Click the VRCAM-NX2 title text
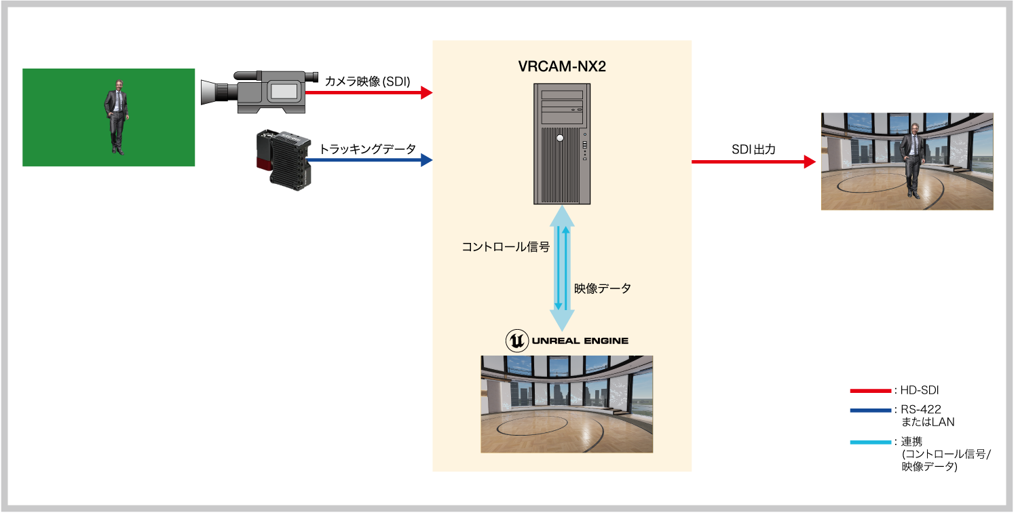(x=562, y=68)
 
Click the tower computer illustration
(x=562, y=143)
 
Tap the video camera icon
(x=261, y=92)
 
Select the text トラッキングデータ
(x=367, y=149)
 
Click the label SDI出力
(x=753, y=149)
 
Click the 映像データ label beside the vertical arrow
(x=603, y=288)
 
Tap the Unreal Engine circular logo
(x=517, y=341)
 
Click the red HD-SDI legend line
(x=870, y=391)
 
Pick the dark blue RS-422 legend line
(x=870, y=411)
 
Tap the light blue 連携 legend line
(x=870, y=442)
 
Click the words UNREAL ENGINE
(x=580, y=341)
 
